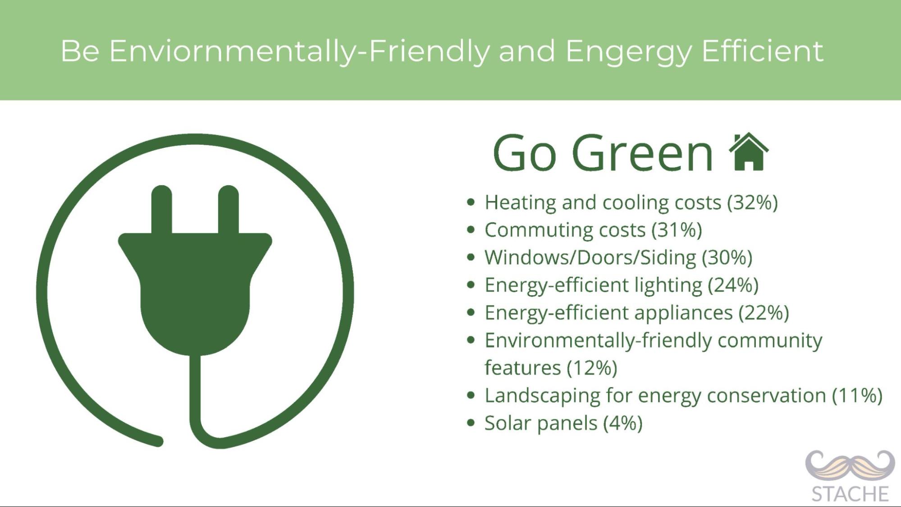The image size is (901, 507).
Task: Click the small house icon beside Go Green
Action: point(749,152)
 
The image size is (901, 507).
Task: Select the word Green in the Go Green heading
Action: point(643,153)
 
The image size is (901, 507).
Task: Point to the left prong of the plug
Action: point(161,210)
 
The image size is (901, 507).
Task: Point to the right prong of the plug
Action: point(229,210)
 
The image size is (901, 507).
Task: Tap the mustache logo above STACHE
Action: point(850,467)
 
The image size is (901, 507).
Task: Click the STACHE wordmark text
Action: point(850,494)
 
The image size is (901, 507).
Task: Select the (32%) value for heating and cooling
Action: point(753,202)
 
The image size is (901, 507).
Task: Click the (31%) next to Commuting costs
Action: point(677,230)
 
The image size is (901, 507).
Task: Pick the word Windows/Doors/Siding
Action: point(590,257)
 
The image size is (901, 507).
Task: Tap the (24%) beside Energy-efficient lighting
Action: point(733,285)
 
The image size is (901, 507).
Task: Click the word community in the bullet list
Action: point(770,341)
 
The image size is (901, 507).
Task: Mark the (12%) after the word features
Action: point(592,368)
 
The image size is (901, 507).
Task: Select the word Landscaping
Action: point(543,396)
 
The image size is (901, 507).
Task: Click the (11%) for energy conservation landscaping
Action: point(857,395)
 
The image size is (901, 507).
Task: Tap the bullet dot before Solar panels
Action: point(471,423)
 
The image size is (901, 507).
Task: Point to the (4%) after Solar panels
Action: point(623,423)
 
